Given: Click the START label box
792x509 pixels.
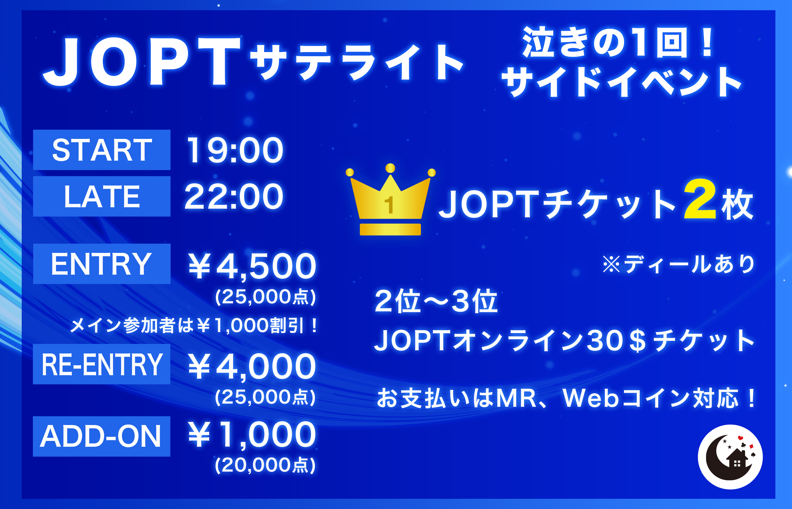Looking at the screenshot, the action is tap(102, 150).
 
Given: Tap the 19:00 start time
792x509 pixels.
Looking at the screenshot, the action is tap(235, 150).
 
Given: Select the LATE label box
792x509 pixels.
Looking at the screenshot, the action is tap(102, 196).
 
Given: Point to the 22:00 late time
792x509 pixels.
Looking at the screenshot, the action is tap(234, 197).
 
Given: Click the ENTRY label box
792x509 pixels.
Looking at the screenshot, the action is tap(102, 264).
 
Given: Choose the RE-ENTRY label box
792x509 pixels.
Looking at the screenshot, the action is tap(102, 364).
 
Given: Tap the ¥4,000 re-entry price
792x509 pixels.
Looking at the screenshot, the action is tap(252, 367).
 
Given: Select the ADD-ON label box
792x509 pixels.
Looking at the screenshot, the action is tap(102, 436).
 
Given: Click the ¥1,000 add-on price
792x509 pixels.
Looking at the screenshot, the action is tap(252, 435).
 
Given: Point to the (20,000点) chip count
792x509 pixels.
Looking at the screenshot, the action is tap(265, 465).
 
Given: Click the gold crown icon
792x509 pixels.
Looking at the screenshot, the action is tap(390, 199).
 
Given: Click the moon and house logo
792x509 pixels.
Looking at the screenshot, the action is tap(730, 457).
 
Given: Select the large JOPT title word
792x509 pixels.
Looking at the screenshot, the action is tap(142, 62).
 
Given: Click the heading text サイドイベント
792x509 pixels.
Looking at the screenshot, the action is tap(621, 82).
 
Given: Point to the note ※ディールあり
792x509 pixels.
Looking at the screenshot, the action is tap(679, 264).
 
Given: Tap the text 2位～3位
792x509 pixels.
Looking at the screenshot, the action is tap(436, 301).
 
